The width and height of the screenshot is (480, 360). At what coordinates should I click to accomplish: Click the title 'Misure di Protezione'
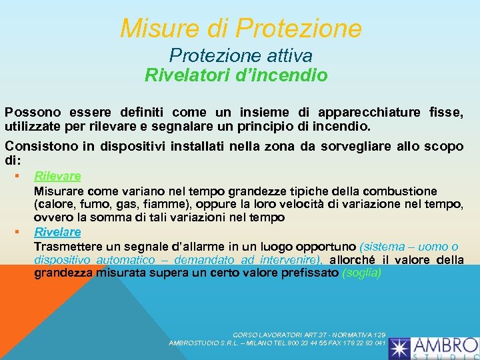241,28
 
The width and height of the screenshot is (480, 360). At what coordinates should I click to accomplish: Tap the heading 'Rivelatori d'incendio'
236,75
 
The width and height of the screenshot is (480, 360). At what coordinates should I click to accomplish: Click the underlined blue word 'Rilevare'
57,176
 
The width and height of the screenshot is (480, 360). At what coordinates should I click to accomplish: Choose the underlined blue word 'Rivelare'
57,232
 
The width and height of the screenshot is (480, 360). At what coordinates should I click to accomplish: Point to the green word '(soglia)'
361,273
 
